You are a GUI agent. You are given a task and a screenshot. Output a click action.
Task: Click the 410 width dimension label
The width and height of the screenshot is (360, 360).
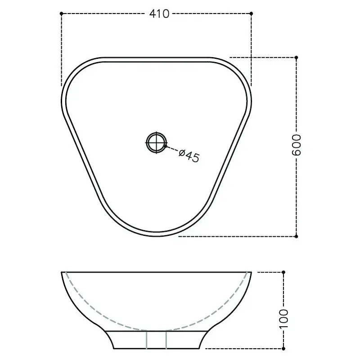click(159, 14)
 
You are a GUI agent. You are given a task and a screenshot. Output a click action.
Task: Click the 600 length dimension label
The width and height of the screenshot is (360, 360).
click(297, 145)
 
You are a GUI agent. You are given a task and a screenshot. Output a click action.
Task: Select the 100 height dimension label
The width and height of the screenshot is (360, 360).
click(284, 319)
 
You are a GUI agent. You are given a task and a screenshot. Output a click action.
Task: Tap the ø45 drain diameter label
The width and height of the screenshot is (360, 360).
click(189, 156)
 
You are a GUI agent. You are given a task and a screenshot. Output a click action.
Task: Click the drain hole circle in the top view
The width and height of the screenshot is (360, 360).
click(156, 143)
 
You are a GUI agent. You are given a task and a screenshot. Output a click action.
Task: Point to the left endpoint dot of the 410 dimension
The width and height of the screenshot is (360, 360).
click(61, 13)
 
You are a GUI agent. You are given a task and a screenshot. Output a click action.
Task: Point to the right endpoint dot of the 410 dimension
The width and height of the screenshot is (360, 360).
click(251, 13)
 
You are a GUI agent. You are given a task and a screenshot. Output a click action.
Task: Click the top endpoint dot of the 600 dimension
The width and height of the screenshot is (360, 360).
click(296, 58)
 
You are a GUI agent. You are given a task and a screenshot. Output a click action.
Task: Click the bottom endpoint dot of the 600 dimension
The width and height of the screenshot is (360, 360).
click(296, 236)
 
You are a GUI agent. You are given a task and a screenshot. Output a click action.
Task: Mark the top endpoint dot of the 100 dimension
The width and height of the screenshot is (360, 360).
click(283, 272)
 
